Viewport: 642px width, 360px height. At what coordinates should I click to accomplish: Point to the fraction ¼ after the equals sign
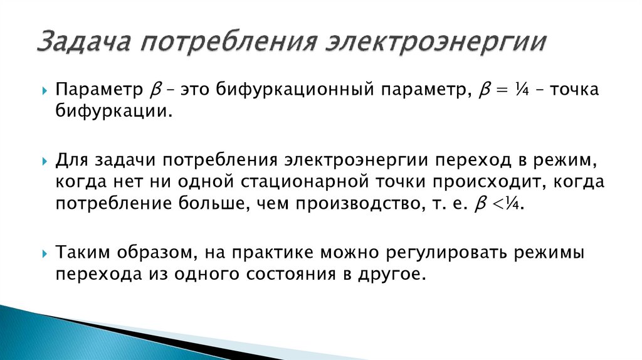[517, 90]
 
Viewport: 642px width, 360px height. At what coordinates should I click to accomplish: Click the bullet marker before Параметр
[45, 91]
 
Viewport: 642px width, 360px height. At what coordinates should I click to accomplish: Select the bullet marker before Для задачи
[45, 161]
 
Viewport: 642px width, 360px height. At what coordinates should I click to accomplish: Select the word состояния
[283, 275]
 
